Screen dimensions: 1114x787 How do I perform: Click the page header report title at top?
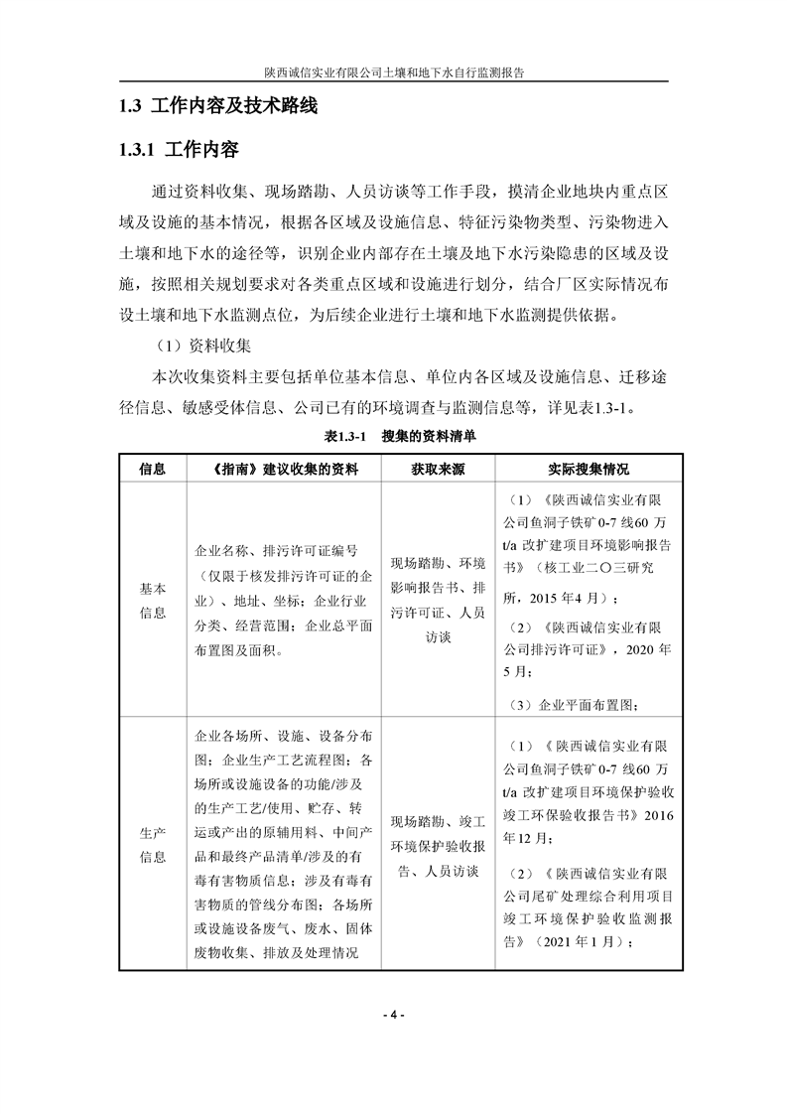(x=393, y=72)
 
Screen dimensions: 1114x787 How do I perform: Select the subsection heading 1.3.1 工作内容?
(x=178, y=151)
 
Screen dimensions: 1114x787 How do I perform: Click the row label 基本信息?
(x=152, y=600)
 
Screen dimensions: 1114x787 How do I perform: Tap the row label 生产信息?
(x=152, y=843)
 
